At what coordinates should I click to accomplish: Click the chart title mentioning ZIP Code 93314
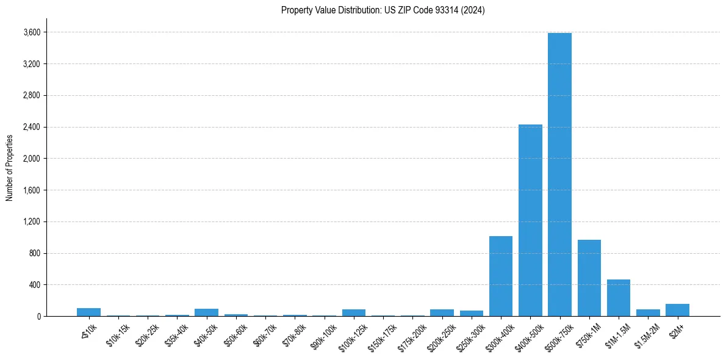(383, 10)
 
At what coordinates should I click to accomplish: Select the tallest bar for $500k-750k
(559, 175)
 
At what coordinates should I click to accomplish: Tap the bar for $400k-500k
(530, 220)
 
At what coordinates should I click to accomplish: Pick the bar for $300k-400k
(501, 276)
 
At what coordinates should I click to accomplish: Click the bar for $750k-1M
(589, 278)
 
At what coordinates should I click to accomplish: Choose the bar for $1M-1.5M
(618, 298)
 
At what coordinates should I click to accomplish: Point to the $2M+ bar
(677, 310)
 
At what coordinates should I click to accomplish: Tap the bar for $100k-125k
(354, 312)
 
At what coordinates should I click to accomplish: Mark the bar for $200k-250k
(442, 312)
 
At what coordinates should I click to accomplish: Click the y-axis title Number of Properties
(10, 167)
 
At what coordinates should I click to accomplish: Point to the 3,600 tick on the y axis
(32, 32)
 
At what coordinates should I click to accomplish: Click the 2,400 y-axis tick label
(32, 127)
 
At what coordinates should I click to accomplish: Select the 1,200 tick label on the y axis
(32, 222)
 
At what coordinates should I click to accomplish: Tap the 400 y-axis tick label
(35, 285)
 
